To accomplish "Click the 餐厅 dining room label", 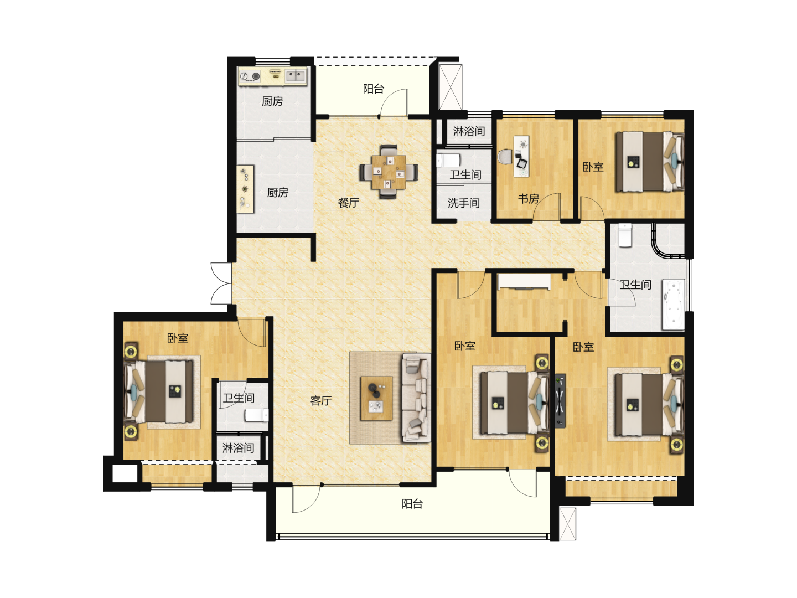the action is (348, 203).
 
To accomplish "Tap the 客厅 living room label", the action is (321, 400).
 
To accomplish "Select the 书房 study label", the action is (529, 199).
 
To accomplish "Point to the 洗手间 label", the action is (464, 203).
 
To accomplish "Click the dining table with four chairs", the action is (389, 172).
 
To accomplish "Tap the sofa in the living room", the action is (416, 398).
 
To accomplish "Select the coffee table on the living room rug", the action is (376, 398).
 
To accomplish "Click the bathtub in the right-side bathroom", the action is (674, 305).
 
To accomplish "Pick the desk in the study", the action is (521, 157).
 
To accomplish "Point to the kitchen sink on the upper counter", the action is (295, 76).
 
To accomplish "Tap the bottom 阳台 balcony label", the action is (412, 504).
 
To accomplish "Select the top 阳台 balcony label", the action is (373, 89).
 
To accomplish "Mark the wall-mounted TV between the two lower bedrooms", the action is (560, 400).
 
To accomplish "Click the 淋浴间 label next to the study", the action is (469, 131).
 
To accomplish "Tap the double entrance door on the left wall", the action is (221, 283).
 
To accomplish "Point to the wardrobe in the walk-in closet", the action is (524, 282).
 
